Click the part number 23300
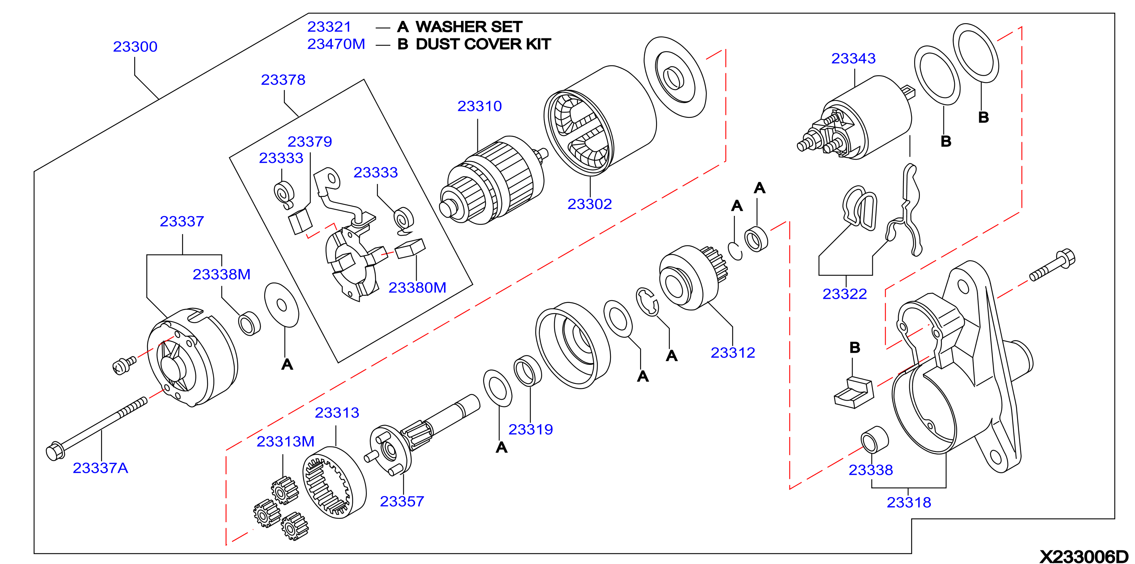[x=135, y=47]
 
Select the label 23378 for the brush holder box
[x=283, y=80]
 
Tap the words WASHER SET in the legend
[x=469, y=27]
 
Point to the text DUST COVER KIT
[x=483, y=44]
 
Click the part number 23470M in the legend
[x=336, y=44]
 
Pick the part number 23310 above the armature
[x=479, y=106]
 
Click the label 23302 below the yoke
[x=590, y=204]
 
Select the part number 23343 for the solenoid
[x=853, y=59]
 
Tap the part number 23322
[x=845, y=294]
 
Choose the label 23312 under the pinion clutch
[x=733, y=353]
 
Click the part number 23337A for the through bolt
[x=100, y=468]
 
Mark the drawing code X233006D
[x=1084, y=556]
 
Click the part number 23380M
[x=417, y=288]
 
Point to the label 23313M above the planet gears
[x=285, y=442]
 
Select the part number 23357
[x=402, y=501]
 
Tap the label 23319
[x=531, y=429]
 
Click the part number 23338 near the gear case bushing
[x=871, y=470]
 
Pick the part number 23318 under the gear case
[x=909, y=502]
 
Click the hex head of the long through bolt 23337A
[x=55, y=451]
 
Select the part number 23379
[x=310, y=142]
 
